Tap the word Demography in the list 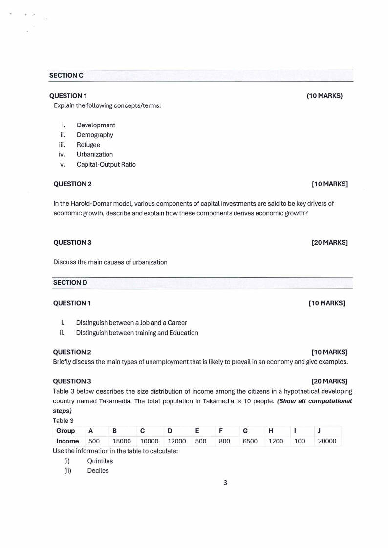click(x=95, y=135)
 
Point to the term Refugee click(x=88, y=145)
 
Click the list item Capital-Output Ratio click(x=106, y=164)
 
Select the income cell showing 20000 click(x=326, y=441)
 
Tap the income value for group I click(x=299, y=441)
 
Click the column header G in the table click(x=245, y=431)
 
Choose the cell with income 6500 click(x=250, y=441)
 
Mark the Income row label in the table click(x=67, y=441)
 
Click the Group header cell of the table click(x=66, y=431)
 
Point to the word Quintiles click(x=100, y=461)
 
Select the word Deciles click(x=98, y=471)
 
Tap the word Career click(x=177, y=323)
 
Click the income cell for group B click(x=122, y=441)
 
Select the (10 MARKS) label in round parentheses click(x=324, y=96)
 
